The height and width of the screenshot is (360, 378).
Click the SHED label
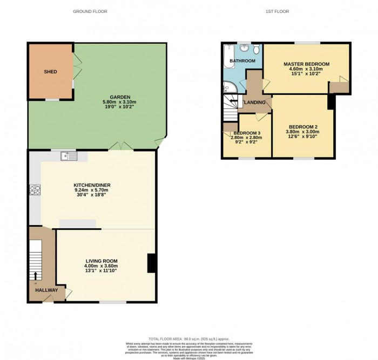(50, 72)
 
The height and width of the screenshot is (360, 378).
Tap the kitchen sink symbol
(69, 157)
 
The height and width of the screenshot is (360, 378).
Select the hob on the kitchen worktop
(35, 189)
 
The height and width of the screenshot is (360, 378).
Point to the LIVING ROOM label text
(102, 260)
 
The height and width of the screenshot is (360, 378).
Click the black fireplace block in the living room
(152, 263)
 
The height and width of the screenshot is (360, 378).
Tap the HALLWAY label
(46, 290)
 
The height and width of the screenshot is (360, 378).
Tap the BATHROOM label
(242, 61)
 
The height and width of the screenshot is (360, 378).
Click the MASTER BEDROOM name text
(306, 64)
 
